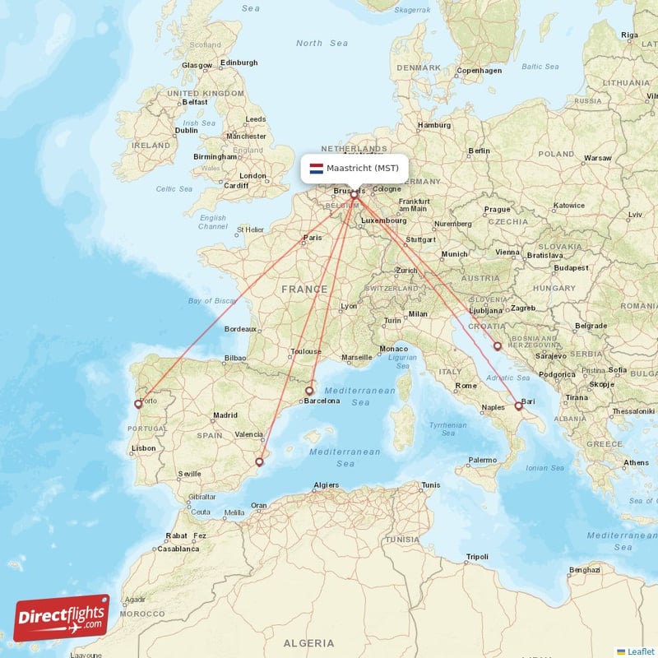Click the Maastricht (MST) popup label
tap(362, 169)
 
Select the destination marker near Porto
tap(138, 404)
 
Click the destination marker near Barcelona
tap(309, 391)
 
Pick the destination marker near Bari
tap(518, 405)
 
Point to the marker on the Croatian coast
tap(497, 346)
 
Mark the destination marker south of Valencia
tap(259, 462)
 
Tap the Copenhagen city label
tap(480, 71)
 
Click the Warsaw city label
tap(598, 157)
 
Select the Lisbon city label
tap(143, 448)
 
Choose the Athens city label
tap(636, 463)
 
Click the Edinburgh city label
tap(239, 63)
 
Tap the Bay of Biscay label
tap(212, 301)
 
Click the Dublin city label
tap(187, 130)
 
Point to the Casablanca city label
tap(179, 549)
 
